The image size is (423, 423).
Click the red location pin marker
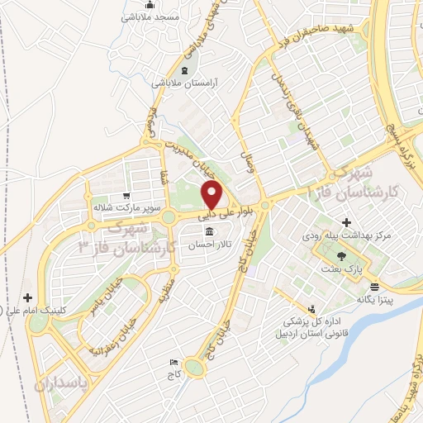[x=212, y=196]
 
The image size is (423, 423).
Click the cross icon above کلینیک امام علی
[x=29, y=297]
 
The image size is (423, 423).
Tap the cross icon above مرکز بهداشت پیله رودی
[x=346, y=221]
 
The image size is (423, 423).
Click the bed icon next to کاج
[x=173, y=362]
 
